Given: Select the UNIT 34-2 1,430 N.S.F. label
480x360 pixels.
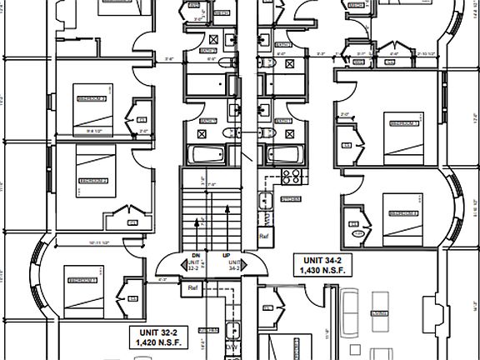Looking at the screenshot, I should [321, 265].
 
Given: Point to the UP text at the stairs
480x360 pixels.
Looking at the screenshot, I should [226, 256].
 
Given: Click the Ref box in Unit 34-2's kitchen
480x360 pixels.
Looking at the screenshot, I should [265, 236].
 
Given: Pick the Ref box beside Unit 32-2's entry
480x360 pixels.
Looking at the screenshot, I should [192, 288].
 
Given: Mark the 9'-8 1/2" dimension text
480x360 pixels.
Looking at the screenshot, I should [86, 130].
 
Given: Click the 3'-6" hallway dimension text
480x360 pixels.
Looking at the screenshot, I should [170, 59].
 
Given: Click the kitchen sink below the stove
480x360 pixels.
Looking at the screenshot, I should [265, 201].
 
